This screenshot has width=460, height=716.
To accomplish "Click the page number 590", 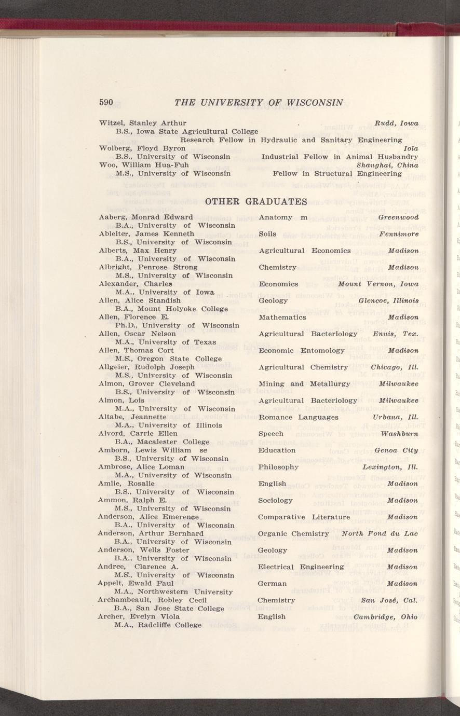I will pyautogui.click(x=106, y=102).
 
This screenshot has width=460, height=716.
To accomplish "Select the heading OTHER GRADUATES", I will pyautogui.click(x=257, y=200).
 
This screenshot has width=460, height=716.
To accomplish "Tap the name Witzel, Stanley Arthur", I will pyautogui.click(x=143, y=123).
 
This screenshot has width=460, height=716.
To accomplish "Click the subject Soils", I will pyautogui.click(x=267, y=234).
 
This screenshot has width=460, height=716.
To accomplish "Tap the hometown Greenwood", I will pyautogui.click(x=398, y=217).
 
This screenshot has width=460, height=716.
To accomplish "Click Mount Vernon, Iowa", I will pyautogui.click(x=378, y=284).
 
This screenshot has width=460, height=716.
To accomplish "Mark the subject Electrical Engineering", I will pyautogui.click(x=301, y=567).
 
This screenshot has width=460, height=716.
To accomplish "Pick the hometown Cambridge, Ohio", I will pyautogui.click(x=386, y=617).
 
